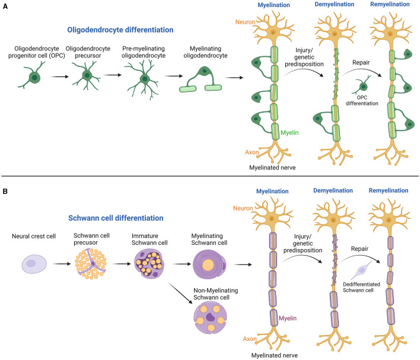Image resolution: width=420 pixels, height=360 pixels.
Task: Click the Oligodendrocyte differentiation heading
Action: (120, 30)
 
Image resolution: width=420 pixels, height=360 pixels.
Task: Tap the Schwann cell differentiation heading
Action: (116, 218)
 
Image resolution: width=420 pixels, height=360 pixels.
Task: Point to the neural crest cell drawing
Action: (34, 264)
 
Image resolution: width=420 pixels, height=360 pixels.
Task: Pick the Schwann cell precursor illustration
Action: (91, 263)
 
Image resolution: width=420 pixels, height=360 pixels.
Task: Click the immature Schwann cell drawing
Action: (149, 263)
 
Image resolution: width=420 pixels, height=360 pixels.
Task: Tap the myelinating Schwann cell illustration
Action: (209, 265)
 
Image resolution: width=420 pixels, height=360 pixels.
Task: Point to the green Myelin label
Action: (289, 133)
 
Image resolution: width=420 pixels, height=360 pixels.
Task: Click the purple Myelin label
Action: (288, 318)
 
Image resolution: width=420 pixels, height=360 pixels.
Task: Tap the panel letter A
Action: (5, 6)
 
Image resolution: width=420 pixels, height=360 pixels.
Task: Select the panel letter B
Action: (5, 192)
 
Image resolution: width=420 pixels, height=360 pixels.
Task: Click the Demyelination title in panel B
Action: (333, 190)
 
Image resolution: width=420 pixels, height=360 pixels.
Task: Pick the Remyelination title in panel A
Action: (390, 4)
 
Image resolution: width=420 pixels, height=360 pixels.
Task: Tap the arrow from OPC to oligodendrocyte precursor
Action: (60, 77)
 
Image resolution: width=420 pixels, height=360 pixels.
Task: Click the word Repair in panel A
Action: (361, 62)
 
